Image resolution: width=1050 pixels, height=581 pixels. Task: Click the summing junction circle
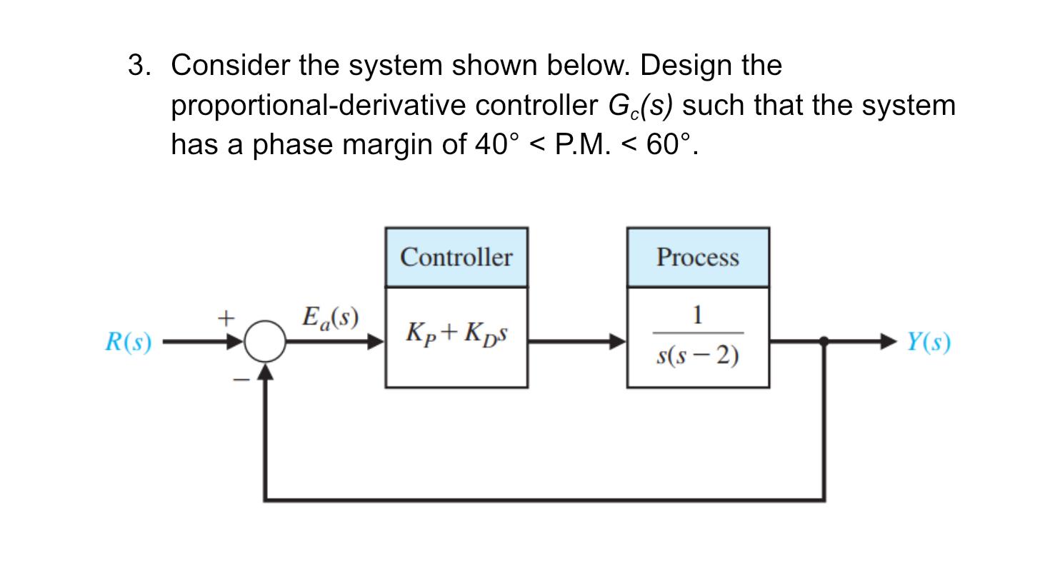click(265, 341)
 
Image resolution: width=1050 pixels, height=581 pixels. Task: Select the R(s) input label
click(129, 342)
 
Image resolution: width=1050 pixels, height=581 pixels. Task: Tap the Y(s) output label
click(929, 342)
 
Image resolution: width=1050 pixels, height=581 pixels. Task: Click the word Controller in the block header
click(456, 257)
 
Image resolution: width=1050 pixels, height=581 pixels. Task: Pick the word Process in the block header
click(698, 257)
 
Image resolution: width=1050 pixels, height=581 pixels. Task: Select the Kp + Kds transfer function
click(456, 333)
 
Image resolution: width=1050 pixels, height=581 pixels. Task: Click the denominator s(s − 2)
click(698, 355)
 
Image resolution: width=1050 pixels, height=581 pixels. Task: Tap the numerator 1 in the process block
click(698, 315)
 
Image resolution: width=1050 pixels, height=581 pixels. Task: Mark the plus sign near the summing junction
click(226, 318)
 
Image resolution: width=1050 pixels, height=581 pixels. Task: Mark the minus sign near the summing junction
click(241, 380)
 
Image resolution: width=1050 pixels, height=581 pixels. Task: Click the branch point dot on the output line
click(824, 341)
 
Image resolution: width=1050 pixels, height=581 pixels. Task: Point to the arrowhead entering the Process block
click(618, 341)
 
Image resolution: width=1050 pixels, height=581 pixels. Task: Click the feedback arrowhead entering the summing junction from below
click(265, 372)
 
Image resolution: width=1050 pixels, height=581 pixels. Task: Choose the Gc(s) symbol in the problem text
click(640, 106)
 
